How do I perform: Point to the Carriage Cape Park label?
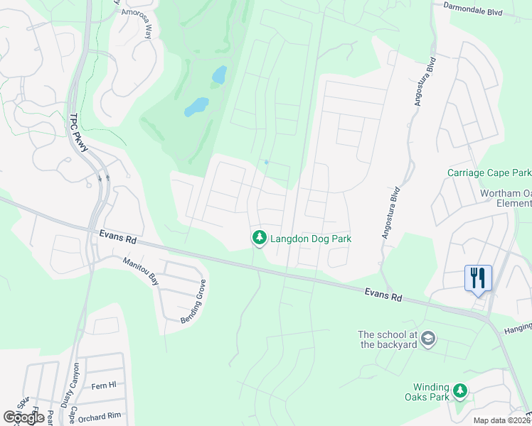pyautogui.click(x=489, y=173)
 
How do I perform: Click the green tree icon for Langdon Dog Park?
pyautogui.click(x=260, y=239)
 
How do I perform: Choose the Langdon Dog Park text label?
pyautogui.click(x=311, y=239)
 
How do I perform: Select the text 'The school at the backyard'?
pyautogui.click(x=387, y=339)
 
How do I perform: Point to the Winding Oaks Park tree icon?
pyautogui.click(x=460, y=390)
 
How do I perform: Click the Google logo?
pyautogui.click(x=23, y=417)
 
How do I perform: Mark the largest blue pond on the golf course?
pyautogui.click(x=197, y=106)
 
